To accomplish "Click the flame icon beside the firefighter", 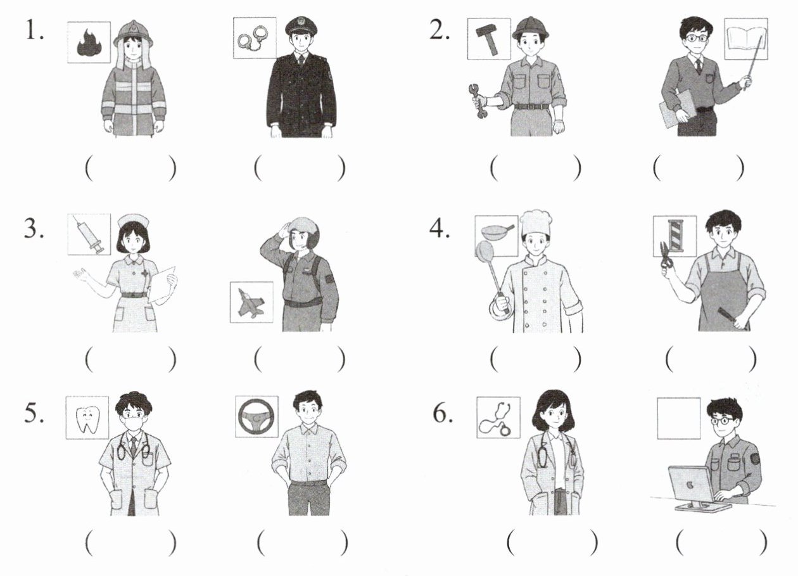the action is (x=89, y=44).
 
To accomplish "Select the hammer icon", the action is (x=488, y=39).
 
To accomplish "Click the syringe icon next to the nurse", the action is (x=88, y=234).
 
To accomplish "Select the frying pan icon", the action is (x=498, y=232).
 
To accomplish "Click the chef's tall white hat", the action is (x=535, y=223).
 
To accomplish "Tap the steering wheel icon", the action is (x=256, y=416).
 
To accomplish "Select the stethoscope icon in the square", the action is (x=496, y=418).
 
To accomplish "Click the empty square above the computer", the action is (x=679, y=418).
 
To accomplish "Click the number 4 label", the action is (x=439, y=229).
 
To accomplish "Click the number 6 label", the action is (x=443, y=414).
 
